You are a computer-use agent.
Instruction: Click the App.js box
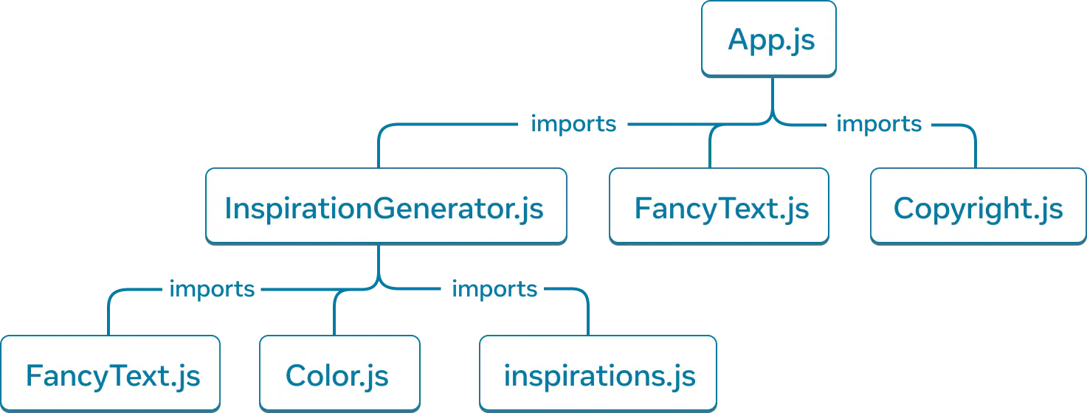click(768, 38)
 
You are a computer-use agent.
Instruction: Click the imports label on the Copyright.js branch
click(877, 125)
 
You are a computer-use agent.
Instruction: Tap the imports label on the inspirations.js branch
click(494, 289)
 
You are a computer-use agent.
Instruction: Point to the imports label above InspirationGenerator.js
click(573, 125)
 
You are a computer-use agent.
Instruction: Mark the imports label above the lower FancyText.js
click(211, 289)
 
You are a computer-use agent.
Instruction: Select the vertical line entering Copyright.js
click(976, 151)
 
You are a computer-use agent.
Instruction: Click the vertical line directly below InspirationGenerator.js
click(379, 262)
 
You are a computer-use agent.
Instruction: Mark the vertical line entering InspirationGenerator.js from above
click(379, 151)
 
